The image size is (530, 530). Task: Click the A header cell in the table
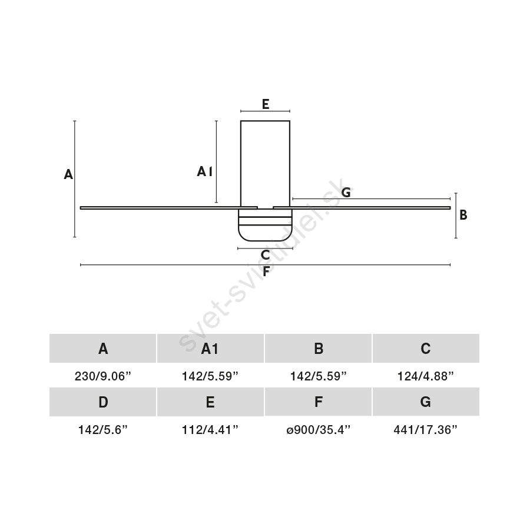point(102,348)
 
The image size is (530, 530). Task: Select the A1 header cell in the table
point(210,348)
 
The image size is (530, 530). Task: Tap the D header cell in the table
point(102,402)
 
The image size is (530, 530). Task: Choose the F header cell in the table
point(318,402)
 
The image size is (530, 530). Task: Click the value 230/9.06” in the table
point(102,376)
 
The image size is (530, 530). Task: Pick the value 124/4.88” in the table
point(426,376)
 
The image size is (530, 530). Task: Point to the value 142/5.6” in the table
point(102,430)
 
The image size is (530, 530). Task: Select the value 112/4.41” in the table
point(210,430)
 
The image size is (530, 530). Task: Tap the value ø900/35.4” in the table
point(318,430)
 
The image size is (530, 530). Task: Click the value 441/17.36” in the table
point(426,430)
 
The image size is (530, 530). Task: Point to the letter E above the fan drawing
point(266,104)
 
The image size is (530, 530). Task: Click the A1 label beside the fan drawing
point(205,172)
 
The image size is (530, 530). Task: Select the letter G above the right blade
point(346,193)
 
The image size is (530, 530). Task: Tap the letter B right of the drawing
point(463,214)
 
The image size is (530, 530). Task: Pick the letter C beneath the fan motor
point(266,255)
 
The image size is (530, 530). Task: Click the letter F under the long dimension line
point(266,271)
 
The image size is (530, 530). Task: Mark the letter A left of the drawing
point(68,174)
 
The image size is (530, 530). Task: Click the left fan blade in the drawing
point(168,207)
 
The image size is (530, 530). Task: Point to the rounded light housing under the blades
point(265,225)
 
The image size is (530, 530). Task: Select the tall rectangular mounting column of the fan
point(266,164)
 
